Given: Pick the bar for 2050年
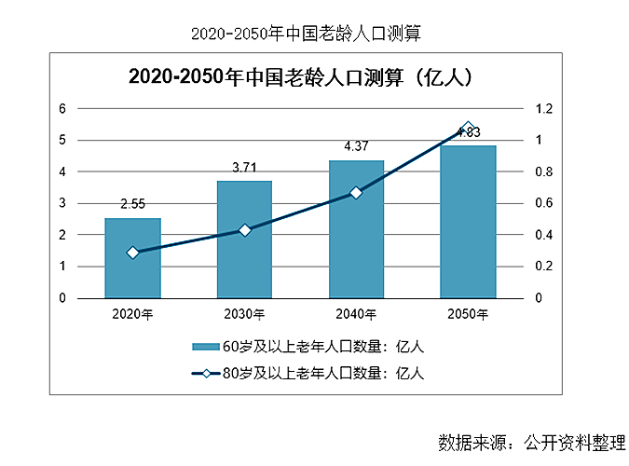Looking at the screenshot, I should click(x=468, y=222).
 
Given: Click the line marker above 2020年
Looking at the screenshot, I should click(x=132, y=253).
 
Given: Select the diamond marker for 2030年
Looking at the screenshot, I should click(x=244, y=230).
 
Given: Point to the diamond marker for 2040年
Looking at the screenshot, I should click(x=356, y=193).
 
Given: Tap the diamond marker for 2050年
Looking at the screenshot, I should click(x=468, y=128).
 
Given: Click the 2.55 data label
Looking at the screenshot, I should click(x=132, y=204).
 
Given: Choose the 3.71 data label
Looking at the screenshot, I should click(x=244, y=167).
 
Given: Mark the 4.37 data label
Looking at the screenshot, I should click(x=356, y=146).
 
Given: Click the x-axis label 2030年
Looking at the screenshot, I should click(x=244, y=314).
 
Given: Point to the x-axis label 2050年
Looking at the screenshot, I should click(x=468, y=314).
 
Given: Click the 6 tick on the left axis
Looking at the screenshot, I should click(x=62, y=108).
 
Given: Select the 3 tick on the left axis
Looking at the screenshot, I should click(x=62, y=203).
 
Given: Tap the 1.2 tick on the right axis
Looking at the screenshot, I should click(x=543, y=108).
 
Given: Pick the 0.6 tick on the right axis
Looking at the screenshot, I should click(x=543, y=203).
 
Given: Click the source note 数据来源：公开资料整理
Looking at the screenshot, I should click(x=530, y=440).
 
